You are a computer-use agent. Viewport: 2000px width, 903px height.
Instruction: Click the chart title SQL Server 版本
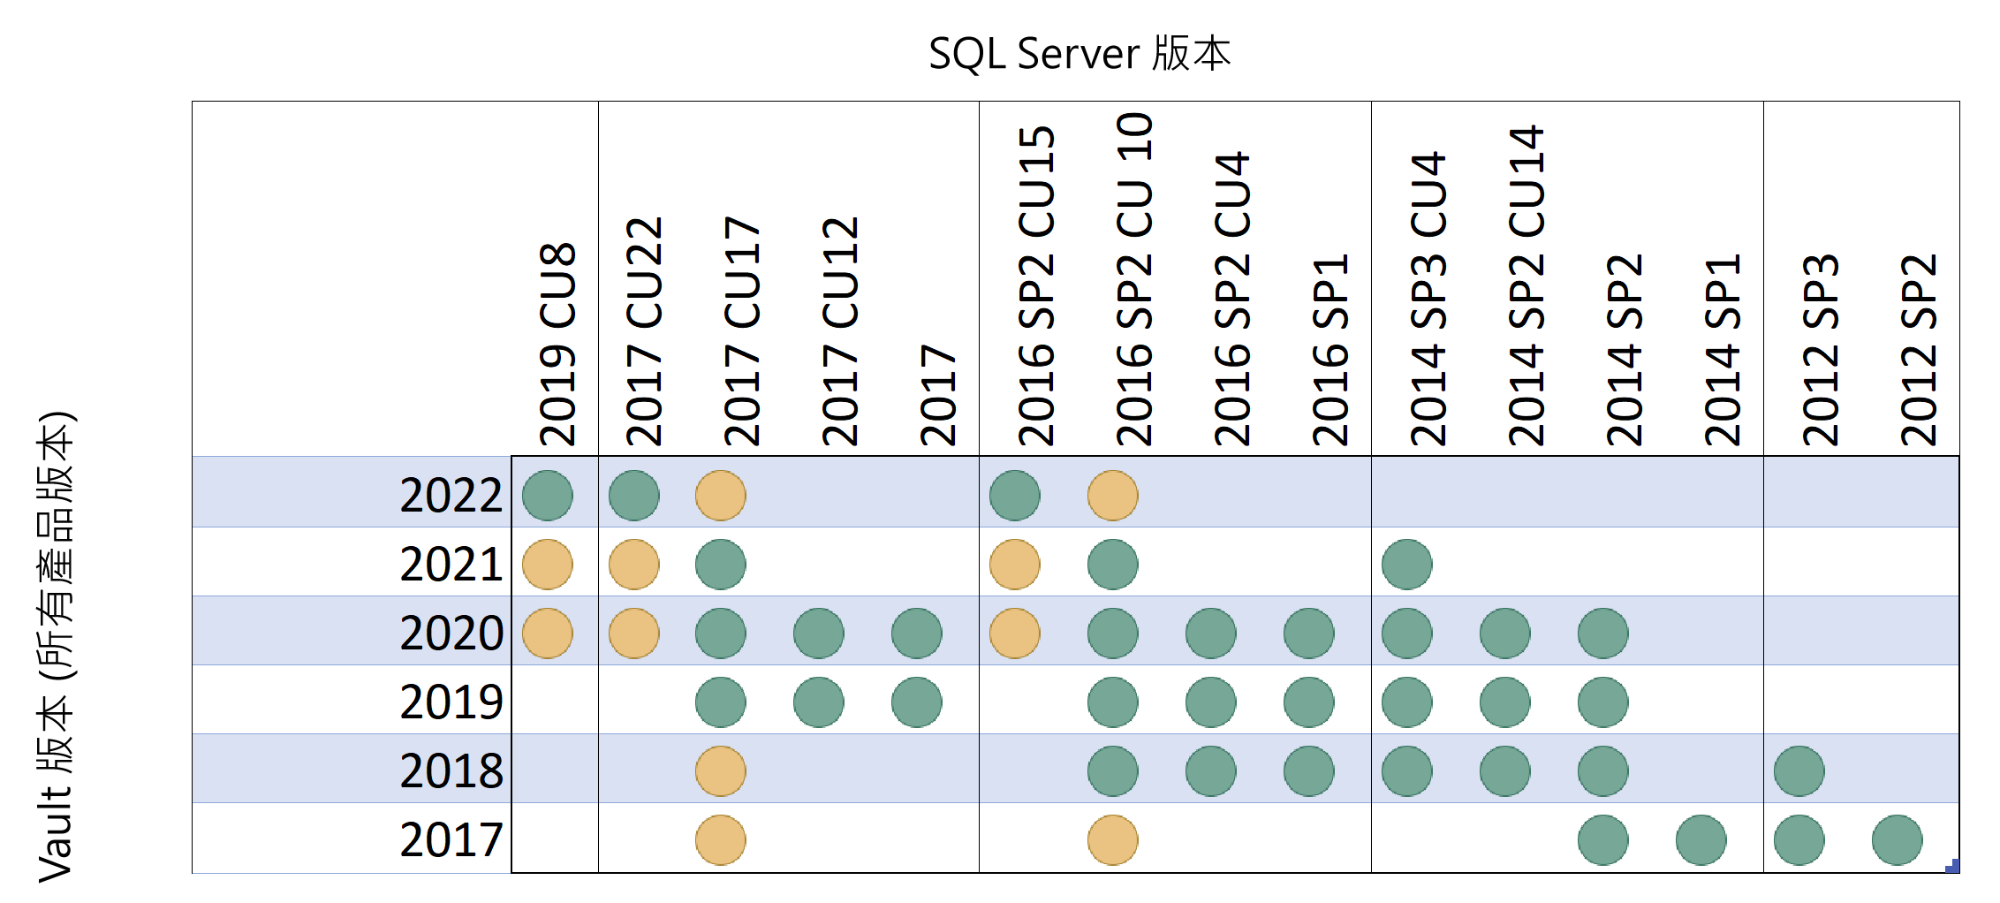1080,54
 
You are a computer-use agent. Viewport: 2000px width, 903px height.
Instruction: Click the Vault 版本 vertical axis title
56,647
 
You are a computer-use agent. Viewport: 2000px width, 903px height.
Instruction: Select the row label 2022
451,494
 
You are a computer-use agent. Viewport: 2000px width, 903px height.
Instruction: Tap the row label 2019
451,702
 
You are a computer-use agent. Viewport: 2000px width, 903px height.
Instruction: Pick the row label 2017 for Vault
451,839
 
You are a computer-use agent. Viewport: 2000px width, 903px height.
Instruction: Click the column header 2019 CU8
557,344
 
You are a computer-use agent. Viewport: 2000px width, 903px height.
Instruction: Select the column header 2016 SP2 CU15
1036,285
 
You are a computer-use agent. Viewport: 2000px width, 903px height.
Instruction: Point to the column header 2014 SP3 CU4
1428,298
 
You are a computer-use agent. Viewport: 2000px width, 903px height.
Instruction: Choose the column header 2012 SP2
1919,349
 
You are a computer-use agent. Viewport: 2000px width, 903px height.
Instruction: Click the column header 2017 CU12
840,330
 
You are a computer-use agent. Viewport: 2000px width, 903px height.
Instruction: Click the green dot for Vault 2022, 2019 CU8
548,496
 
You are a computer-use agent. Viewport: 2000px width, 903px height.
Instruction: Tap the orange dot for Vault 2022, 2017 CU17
721,496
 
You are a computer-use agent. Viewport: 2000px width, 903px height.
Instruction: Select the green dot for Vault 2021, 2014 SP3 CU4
1407,565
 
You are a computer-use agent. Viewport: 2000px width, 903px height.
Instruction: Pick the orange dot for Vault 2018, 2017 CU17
721,771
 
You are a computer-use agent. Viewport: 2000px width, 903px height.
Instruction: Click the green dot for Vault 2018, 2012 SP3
1799,771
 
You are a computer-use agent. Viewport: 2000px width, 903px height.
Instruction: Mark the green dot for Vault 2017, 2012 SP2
1898,840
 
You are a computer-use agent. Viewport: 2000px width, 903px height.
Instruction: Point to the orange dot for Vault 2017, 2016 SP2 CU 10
1113,840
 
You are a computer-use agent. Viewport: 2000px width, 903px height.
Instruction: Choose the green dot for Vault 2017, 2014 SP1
1701,840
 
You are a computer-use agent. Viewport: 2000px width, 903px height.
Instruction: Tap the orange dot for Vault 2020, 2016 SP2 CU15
1015,634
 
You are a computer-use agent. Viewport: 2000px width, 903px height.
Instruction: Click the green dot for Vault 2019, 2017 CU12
819,702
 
